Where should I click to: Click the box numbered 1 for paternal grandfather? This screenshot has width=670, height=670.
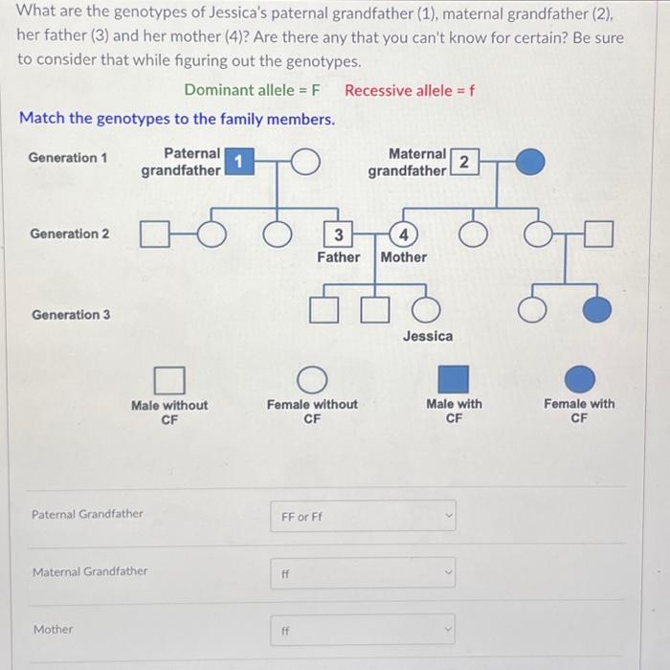237,163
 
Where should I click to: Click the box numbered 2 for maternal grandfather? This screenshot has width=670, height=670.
464,163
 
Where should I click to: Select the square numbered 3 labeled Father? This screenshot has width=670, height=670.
338,234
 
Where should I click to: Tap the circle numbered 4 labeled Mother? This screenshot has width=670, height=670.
404,234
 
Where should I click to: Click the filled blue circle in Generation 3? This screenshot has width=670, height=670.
597,309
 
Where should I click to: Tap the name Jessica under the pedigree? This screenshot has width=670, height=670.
427,336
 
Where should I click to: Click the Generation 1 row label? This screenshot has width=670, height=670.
68,157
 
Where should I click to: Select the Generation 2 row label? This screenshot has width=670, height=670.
70,234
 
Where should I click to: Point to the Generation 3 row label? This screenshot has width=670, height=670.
71,314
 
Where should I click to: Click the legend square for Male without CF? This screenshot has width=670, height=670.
168,380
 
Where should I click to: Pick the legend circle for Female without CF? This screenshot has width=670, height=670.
312,380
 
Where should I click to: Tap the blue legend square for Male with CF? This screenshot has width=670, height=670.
454,380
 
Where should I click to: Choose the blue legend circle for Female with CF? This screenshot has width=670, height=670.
578,380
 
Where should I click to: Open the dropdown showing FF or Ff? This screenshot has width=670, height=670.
363,516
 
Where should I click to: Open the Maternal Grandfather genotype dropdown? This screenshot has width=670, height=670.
363,573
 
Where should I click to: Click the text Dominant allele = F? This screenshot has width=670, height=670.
252,91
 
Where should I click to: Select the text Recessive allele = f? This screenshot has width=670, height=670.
410,91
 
